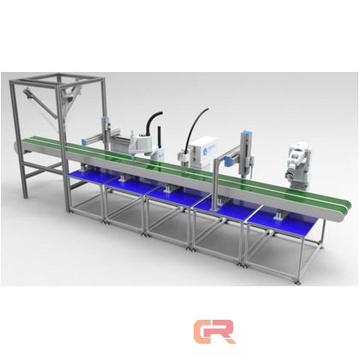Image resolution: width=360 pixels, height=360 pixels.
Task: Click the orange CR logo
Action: tap(214, 332)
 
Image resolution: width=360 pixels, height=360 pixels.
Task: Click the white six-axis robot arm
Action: tap(299, 165)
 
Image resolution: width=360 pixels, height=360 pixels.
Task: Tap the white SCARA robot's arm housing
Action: tap(139, 143)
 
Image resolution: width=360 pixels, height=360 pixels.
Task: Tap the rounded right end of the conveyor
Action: tap(345, 211)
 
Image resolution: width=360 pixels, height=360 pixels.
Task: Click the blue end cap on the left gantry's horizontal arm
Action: tap(85, 142)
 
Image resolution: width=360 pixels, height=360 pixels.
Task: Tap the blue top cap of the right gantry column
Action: tap(246, 132)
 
